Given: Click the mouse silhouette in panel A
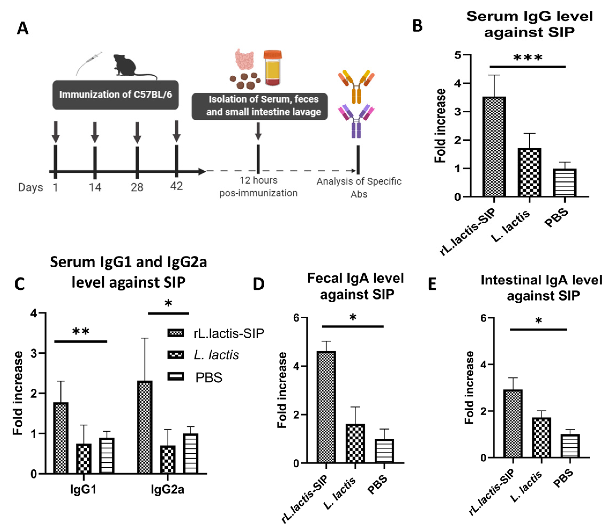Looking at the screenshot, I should click(126, 66).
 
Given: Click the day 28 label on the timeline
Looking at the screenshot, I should click(137, 187).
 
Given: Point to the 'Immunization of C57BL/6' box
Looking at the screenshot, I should click(115, 95).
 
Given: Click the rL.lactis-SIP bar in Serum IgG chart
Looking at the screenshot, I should click(494, 147).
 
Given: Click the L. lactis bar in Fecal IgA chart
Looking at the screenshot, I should click(355, 443).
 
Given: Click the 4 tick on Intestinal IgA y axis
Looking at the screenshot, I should click(483, 364).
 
